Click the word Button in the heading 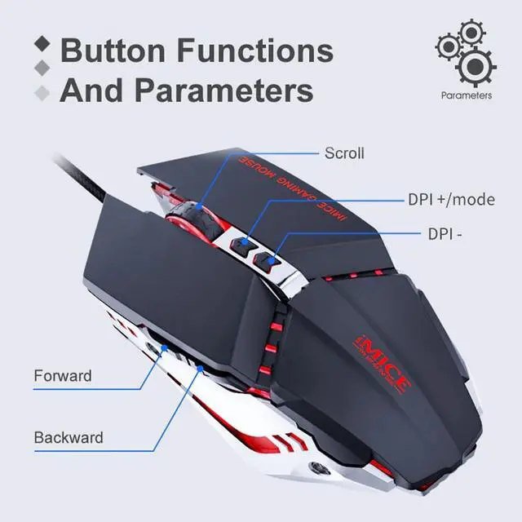113,51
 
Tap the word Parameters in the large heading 220,90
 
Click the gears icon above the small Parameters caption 465,53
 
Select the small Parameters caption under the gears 466,95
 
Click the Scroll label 344,153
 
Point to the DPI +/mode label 451,200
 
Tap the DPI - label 445,233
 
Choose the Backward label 69,437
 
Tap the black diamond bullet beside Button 45,42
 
